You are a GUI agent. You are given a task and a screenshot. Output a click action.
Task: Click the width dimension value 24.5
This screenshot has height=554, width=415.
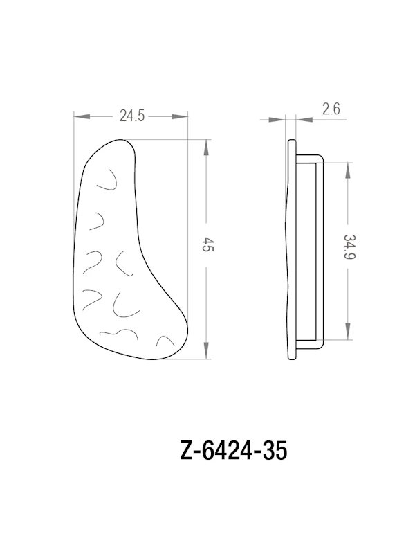131,117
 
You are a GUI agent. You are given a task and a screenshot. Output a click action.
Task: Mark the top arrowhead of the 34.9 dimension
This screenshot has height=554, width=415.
349,168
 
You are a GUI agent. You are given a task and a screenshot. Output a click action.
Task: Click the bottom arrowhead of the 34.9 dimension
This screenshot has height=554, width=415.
349,336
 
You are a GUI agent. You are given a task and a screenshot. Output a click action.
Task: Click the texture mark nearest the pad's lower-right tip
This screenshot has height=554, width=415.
167,340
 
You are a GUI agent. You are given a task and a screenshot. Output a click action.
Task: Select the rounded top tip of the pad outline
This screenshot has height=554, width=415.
121,141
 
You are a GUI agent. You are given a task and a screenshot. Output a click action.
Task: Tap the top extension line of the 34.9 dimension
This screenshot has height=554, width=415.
339,162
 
